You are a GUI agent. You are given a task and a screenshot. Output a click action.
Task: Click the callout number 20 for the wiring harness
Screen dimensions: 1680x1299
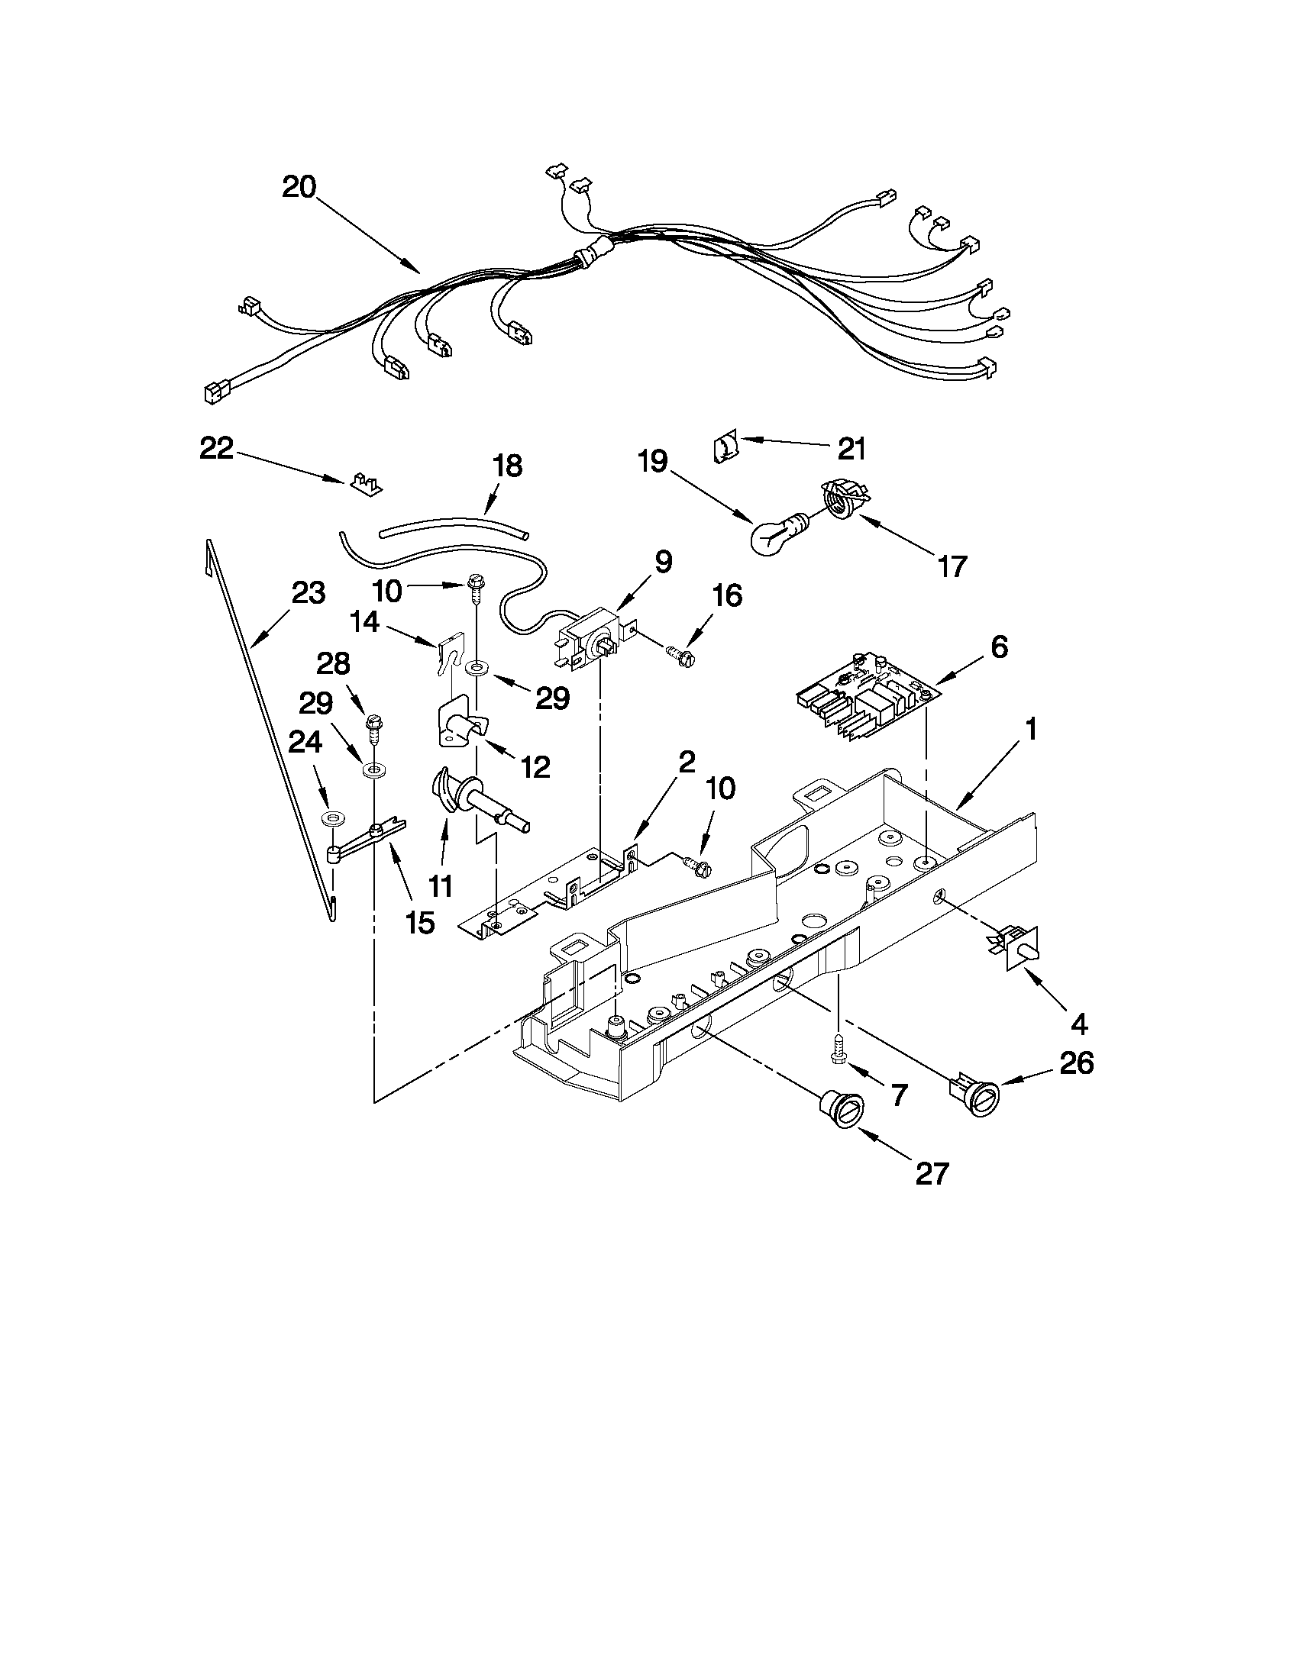[x=299, y=187]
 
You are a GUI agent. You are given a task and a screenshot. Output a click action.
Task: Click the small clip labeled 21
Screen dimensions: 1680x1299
[x=725, y=447]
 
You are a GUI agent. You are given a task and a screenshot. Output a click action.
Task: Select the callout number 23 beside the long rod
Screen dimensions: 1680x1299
[x=308, y=593]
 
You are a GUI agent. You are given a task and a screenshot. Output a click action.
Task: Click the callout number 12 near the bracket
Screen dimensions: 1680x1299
[x=535, y=766]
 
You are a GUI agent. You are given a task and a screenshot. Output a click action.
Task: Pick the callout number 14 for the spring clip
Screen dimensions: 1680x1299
[x=366, y=621]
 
